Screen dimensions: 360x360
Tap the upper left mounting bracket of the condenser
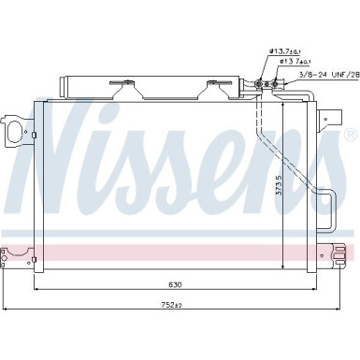point(13,131)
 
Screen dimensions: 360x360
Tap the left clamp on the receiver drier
point(122,88)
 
